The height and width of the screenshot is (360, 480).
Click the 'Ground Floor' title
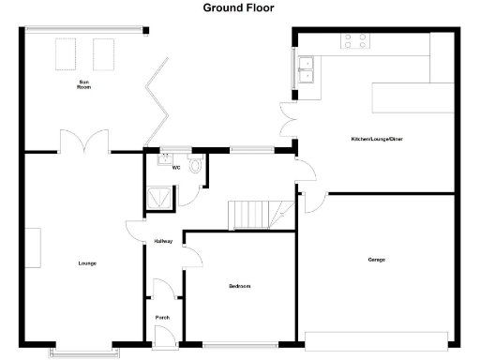(x=240, y=7)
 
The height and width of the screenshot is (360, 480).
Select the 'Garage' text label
(x=377, y=260)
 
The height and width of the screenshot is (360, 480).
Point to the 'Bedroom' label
(x=240, y=286)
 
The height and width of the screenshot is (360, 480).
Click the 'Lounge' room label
(x=87, y=263)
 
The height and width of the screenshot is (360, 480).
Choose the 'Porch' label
(x=161, y=318)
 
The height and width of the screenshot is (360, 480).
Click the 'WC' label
(x=175, y=169)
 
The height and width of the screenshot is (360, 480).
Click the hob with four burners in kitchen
(x=354, y=40)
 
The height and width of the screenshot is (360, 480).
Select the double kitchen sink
(x=306, y=68)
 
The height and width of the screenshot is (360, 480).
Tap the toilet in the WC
(x=195, y=166)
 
